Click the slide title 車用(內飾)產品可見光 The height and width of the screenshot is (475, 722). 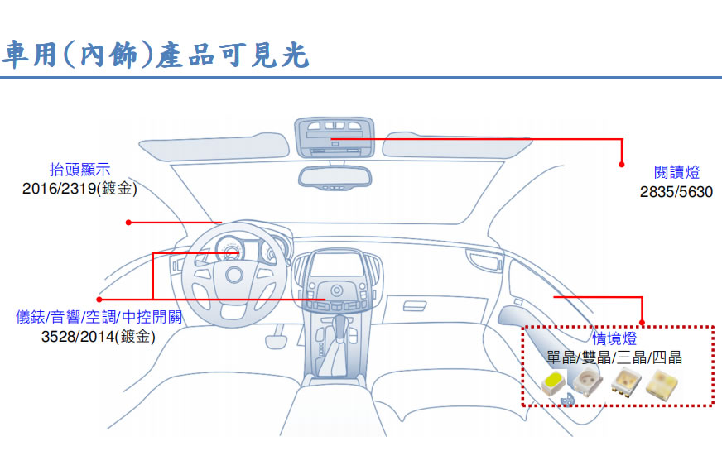pyautogui.click(x=155, y=55)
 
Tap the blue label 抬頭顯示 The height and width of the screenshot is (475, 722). pyautogui.click(x=80, y=170)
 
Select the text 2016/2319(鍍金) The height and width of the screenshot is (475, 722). pyautogui.click(x=79, y=188)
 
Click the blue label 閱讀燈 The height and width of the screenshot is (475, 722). pyautogui.click(x=676, y=172)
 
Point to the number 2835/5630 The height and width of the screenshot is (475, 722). pyautogui.click(x=676, y=191)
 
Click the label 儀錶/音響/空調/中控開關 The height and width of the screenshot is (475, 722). pyautogui.click(x=99, y=317)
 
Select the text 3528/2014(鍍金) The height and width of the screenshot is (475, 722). pyautogui.click(x=98, y=337)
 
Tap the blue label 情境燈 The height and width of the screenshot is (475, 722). pyautogui.click(x=614, y=338)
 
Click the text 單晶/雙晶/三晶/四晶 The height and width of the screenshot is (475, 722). pyautogui.click(x=614, y=357)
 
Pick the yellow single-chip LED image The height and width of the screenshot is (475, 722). pyautogui.click(x=554, y=383)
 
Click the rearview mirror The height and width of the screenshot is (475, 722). pyautogui.click(x=335, y=178)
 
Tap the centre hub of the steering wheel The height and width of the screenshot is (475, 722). pyautogui.click(x=234, y=275)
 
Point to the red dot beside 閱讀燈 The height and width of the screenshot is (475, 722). pyautogui.click(x=622, y=165)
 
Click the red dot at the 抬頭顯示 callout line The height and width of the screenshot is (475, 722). pyautogui.click(x=128, y=223)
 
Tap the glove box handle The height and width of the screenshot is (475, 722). pyautogui.click(x=415, y=306)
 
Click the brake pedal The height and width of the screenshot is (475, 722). pyautogui.click(x=276, y=342)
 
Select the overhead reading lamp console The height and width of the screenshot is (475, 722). pyautogui.click(x=335, y=137)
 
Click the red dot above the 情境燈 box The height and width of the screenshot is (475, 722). pyautogui.click(x=642, y=323)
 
